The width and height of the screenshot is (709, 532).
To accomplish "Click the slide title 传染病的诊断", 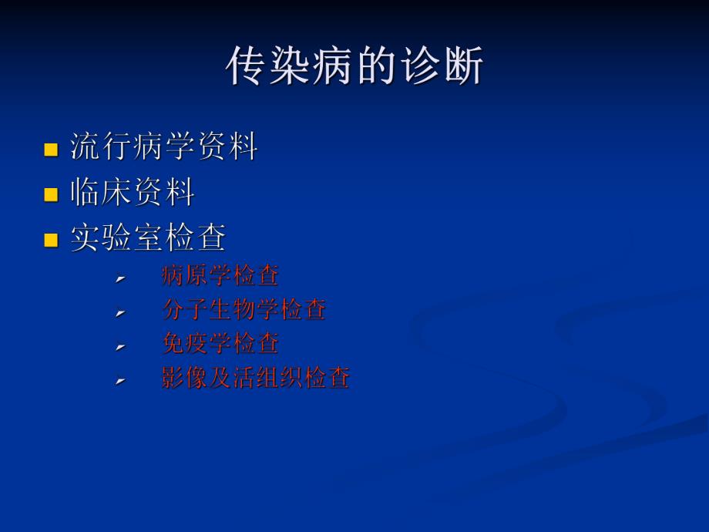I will [354, 66].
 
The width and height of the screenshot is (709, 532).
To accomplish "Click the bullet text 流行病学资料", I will [163, 146].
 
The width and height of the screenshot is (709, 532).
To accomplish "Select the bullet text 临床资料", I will [132, 192].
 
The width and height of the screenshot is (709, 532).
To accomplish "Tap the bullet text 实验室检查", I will [148, 237].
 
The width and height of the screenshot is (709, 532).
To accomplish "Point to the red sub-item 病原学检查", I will [220, 275].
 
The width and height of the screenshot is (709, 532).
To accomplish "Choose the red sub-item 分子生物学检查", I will [244, 309].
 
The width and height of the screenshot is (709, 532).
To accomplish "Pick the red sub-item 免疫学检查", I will [220, 343].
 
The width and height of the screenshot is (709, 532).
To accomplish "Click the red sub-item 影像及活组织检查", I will [255, 378].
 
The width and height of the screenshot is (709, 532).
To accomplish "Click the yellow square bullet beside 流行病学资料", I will [52, 149].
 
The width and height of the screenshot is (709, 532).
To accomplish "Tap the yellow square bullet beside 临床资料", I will [52, 194].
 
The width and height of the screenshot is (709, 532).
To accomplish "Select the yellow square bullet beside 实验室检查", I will [52, 240].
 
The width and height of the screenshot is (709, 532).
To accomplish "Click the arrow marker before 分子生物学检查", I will [120, 312].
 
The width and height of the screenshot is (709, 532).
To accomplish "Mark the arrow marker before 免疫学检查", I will [120, 346].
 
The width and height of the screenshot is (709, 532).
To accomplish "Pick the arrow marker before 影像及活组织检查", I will [120, 381].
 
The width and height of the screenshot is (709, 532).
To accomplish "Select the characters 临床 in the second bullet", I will [101, 192].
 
